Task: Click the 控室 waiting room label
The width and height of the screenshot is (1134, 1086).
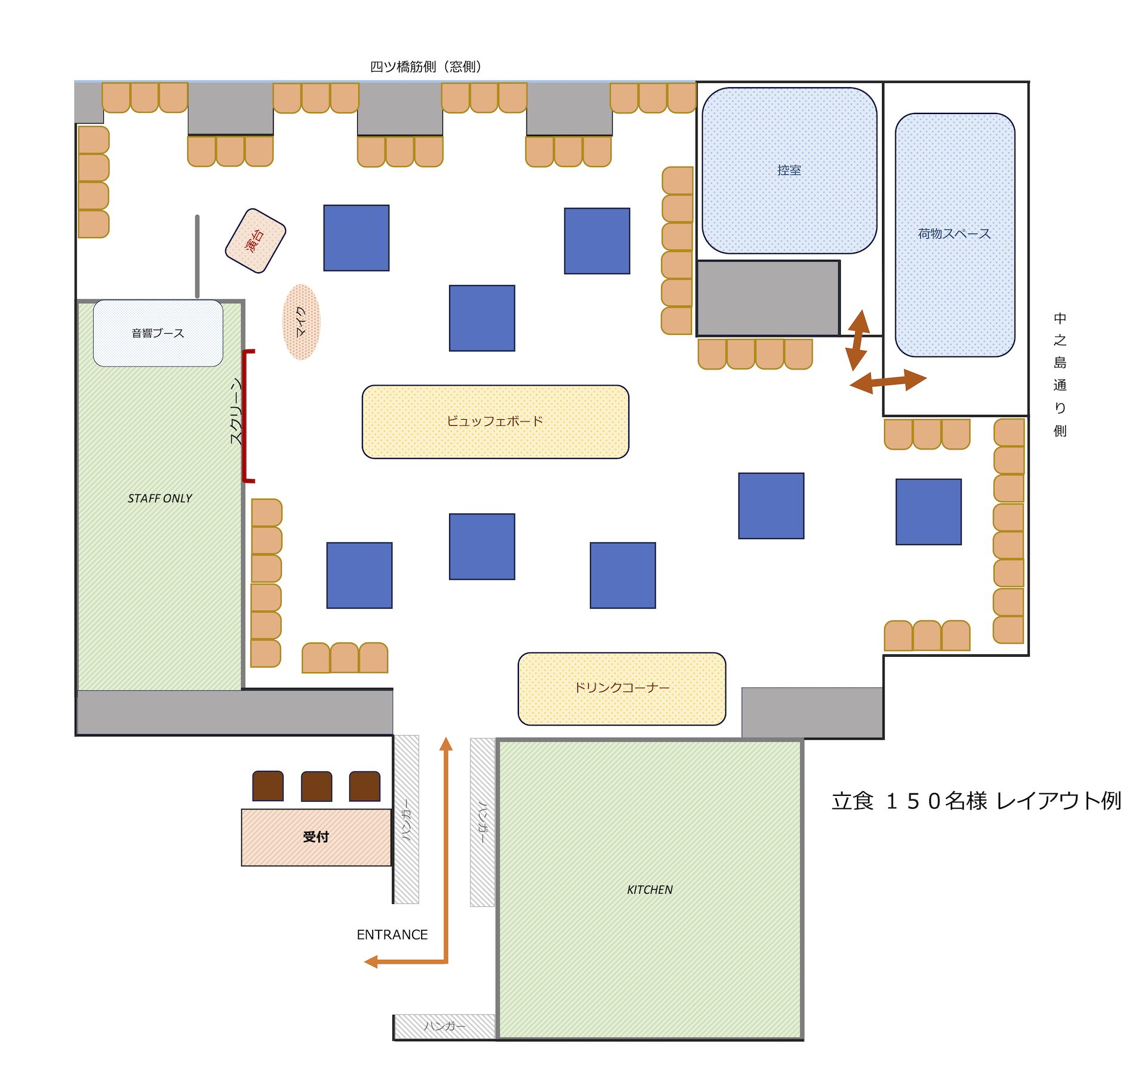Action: point(789,170)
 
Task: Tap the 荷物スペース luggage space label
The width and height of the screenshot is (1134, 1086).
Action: point(954,233)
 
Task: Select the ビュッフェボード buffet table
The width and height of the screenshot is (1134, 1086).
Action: point(496,422)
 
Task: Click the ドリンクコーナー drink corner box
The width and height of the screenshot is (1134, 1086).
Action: point(622,688)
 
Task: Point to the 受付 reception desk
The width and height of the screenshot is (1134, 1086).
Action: point(316,837)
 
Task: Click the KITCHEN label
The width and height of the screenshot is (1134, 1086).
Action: point(650,890)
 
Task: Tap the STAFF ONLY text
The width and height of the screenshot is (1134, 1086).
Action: point(159,499)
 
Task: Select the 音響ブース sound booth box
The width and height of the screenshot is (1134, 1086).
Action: point(158,333)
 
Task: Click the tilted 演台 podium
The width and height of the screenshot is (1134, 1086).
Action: point(256,241)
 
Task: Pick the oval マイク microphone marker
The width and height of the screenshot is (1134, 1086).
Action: point(301,322)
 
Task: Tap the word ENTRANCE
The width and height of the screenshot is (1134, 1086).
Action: point(392,934)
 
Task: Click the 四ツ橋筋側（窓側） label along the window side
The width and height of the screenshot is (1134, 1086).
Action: point(425,67)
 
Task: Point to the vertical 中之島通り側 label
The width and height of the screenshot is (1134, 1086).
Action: point(1060,374)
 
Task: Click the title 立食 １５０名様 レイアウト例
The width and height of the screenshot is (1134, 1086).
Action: point(976,801)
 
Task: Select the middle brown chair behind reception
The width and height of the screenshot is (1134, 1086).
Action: point(316,786)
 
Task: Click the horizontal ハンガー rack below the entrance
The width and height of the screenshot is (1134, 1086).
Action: point(445,1026)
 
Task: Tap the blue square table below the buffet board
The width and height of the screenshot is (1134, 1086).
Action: point(482,546)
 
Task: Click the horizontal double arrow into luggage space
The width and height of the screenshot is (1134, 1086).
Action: point(888,381)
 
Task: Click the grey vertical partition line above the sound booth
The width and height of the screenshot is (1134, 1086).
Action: point(197,257)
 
